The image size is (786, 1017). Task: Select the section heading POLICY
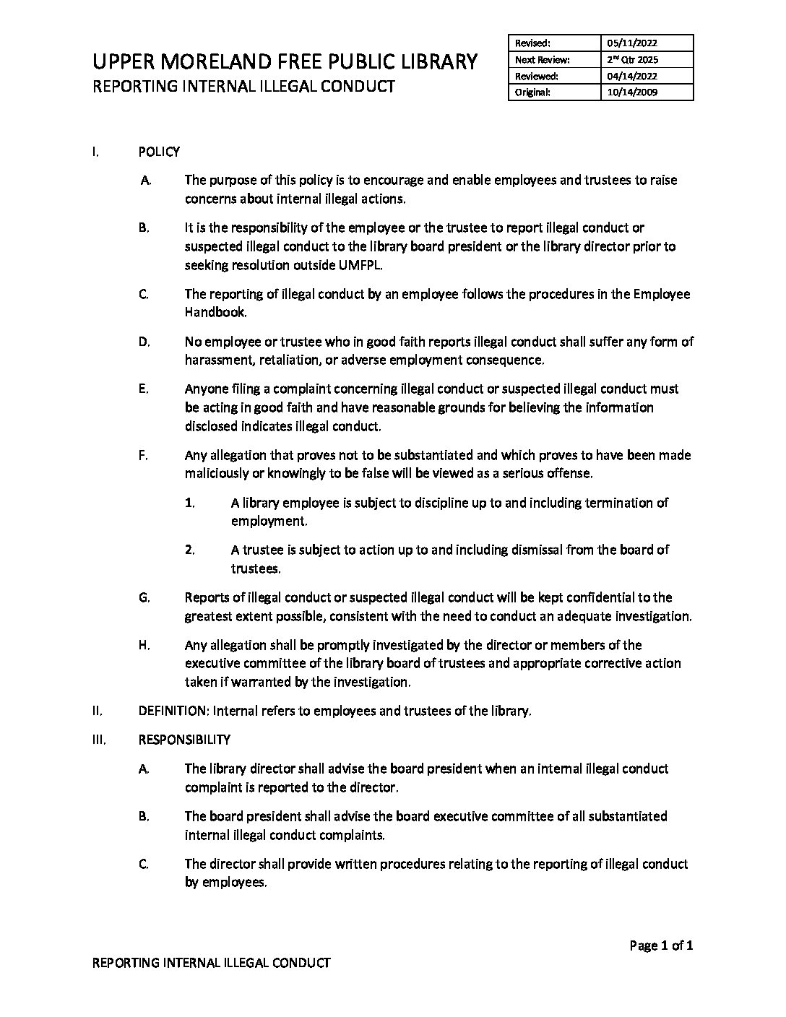(159, 152)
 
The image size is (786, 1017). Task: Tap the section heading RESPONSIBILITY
(184, 740)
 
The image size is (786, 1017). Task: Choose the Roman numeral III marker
(100, 740)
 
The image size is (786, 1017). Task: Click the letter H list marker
(144, 645)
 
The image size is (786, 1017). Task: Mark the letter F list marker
(143, 455)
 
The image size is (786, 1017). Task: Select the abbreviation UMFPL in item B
(359, 265)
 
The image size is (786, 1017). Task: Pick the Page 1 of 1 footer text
(661, 945)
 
